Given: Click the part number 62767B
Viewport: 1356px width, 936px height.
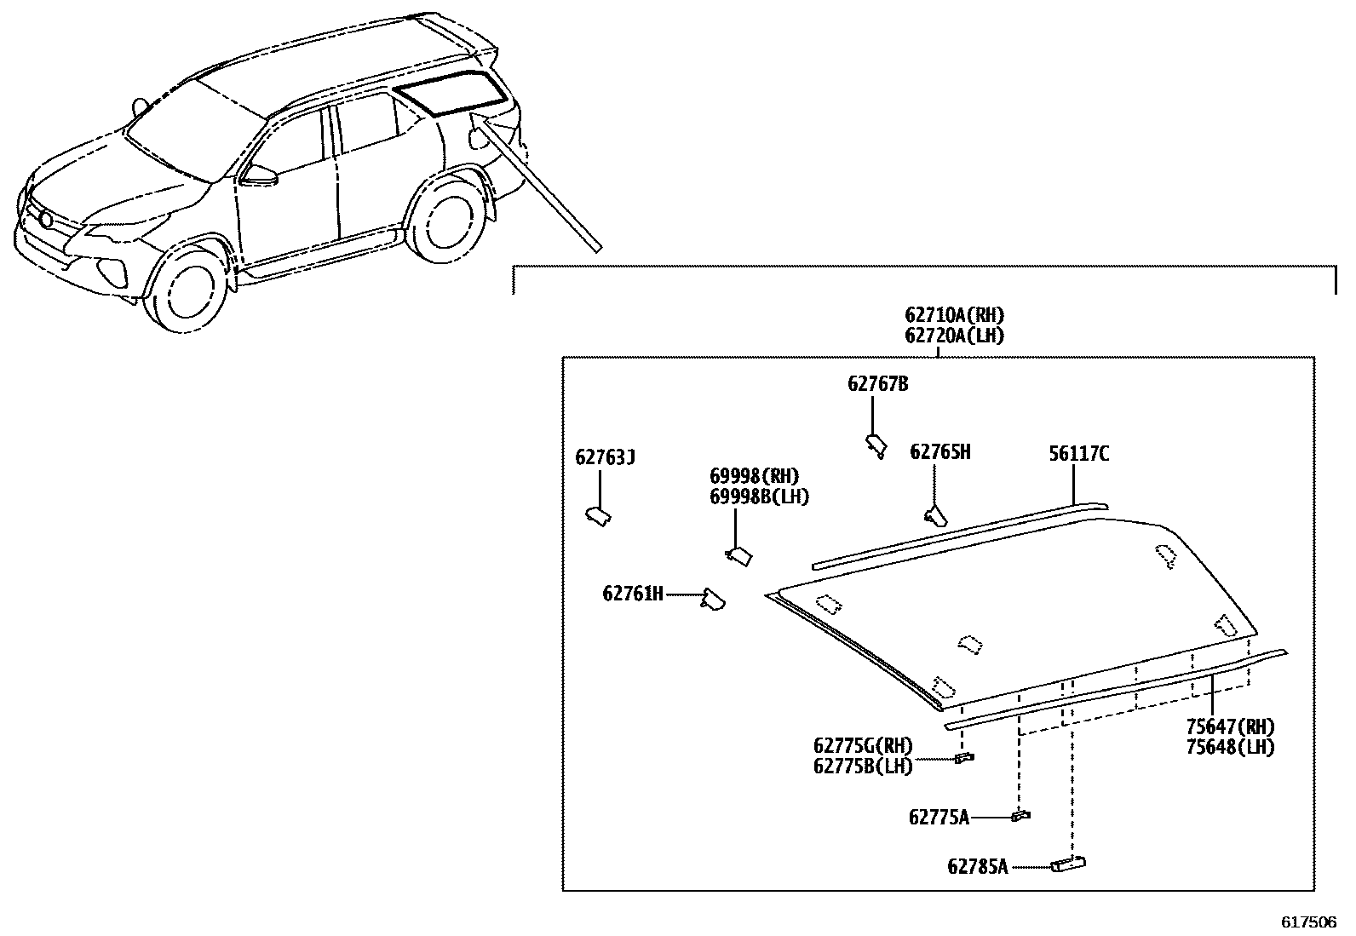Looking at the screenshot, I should [877, 384].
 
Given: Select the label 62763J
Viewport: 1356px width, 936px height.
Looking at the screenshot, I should [605, 458].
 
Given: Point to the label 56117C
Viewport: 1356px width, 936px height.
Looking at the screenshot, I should [1078, 454].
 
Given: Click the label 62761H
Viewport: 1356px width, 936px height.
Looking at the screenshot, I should [632, 594].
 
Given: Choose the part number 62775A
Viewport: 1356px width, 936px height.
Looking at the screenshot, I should [939, 818].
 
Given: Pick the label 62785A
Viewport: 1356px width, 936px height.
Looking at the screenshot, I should [977, 867].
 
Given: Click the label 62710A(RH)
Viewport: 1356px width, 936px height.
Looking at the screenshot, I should [954, 316].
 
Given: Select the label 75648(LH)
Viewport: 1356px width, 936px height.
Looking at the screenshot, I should [1230, 748].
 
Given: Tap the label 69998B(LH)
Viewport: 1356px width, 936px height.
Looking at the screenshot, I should [759, 497].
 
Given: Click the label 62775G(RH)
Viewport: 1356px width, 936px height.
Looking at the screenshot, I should [863, 746].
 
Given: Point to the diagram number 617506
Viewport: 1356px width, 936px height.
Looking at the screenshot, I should [1309, 922].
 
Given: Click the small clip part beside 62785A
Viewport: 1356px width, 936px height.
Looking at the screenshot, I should [1069, 864].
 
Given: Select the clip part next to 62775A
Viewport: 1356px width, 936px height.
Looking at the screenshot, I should [1020, 816].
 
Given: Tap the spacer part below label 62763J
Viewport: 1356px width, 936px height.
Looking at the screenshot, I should [598, 515].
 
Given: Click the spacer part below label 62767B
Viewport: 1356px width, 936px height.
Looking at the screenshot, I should [876, 444].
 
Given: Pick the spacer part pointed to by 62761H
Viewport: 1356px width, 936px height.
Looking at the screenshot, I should [712, 600].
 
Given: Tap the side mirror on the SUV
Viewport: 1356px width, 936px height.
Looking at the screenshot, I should [260, 175].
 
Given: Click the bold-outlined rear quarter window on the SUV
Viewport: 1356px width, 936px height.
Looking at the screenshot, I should [451, 93].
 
